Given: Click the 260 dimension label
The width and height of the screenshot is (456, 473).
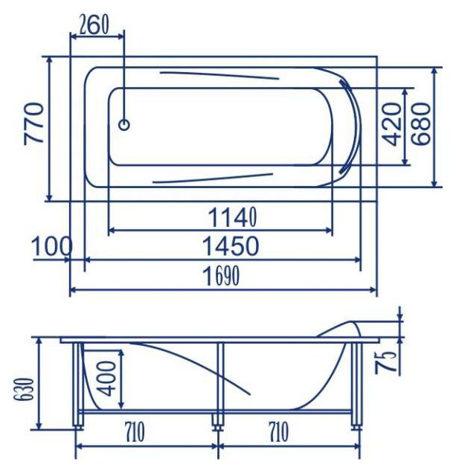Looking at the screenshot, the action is pyautogui.click(x=94, y=25).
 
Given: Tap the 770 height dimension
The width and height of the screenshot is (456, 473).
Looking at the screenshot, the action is pyautogui.click(x=33, y=123).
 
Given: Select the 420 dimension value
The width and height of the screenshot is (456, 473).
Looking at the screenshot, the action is pyautogui.click(x=391, y=124).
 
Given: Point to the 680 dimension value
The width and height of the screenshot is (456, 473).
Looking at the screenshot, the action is pyautogui.click(x=420, y=124).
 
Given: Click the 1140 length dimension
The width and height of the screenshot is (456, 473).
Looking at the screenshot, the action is pyautogui.click(x=233, y=217).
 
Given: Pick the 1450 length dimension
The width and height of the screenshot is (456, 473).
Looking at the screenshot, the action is pyautogui.click(x=231, y=246).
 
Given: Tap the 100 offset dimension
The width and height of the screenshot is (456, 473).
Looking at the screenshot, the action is pyautogui.click(x=52, y=246).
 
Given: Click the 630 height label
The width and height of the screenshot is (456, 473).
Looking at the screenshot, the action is pyautogui.click(x=23, y=388).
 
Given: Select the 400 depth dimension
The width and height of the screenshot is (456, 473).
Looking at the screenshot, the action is pyautogui.click(x=106, y=379).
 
